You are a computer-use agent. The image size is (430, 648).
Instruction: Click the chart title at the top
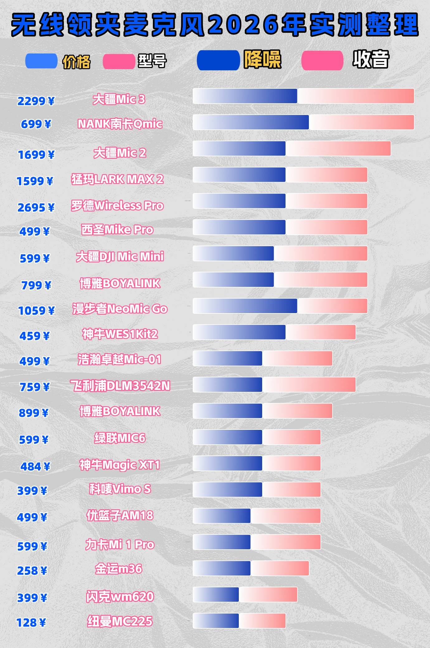(215, 25)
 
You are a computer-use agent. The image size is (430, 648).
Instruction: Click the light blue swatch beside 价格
(41, 61)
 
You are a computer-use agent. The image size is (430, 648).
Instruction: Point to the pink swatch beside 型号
(119, 61)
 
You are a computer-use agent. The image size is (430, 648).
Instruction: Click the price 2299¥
(36, 101)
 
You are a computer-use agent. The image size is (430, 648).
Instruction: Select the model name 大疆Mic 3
(119, 100)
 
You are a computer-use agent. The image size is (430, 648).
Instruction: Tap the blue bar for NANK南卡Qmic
(251, 122)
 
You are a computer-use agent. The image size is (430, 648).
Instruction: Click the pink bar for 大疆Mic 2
(338, 148)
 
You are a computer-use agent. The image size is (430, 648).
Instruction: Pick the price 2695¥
(36, 208)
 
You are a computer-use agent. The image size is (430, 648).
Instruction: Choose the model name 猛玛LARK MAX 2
(117, 179)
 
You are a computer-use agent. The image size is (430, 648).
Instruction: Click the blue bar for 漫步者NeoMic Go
(245, 306)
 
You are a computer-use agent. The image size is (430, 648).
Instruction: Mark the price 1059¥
(36, 311)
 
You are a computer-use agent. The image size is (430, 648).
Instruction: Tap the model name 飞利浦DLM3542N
(120, 386)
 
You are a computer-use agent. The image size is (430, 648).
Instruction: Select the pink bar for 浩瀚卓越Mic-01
(297, 359)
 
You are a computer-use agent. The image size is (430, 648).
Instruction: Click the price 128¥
(31, 623)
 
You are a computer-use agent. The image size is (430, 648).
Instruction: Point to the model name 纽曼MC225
(120, 621)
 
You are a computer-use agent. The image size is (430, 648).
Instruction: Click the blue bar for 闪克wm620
(216, 595)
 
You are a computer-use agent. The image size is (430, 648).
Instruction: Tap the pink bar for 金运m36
(280, 568)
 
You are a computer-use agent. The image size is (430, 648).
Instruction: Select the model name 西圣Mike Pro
(117, 230)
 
